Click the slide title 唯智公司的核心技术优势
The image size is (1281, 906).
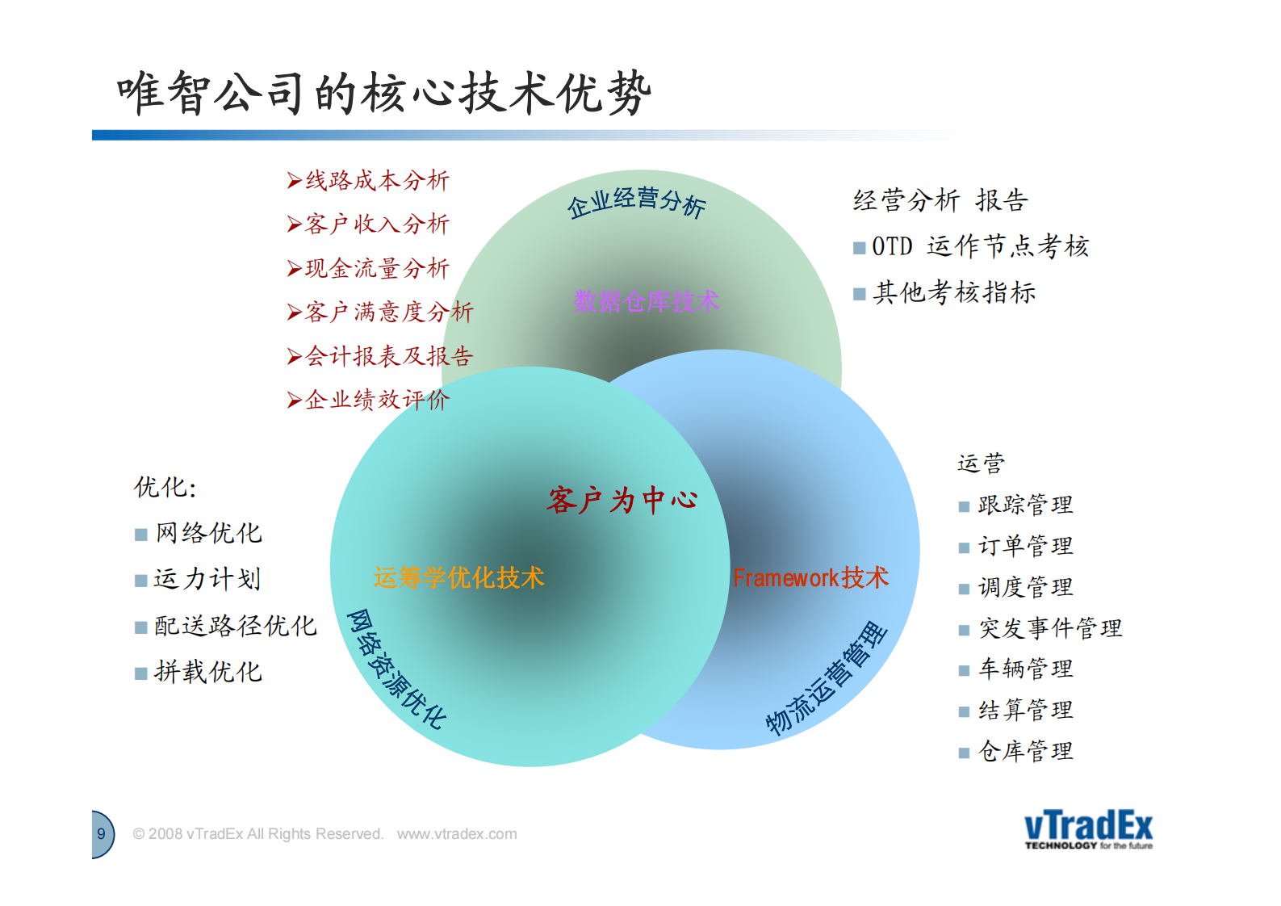(x=383, y=93)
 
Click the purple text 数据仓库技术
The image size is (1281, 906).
(x=646, y=302)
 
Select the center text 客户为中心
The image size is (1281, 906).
(x=622, y=501)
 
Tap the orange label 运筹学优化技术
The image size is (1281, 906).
(x=458, y=577)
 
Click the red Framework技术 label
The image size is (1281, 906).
(x=810, y=577)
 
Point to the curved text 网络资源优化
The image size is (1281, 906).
(x=396, y=669)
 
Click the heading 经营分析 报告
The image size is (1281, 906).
(x=940, y=200)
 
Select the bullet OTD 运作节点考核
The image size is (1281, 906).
(x=980, y=246)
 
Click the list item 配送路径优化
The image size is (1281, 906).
(x=235, y=626)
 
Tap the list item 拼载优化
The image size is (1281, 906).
(x=207, y=672)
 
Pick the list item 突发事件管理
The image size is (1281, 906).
(x=1049, y=628)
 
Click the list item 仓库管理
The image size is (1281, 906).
(x=1025, y=751)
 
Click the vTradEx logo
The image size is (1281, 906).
(x=1088, y=829)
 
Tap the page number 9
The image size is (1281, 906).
(x=101, y=834)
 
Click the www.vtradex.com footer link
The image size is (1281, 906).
(x=457, y=834)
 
